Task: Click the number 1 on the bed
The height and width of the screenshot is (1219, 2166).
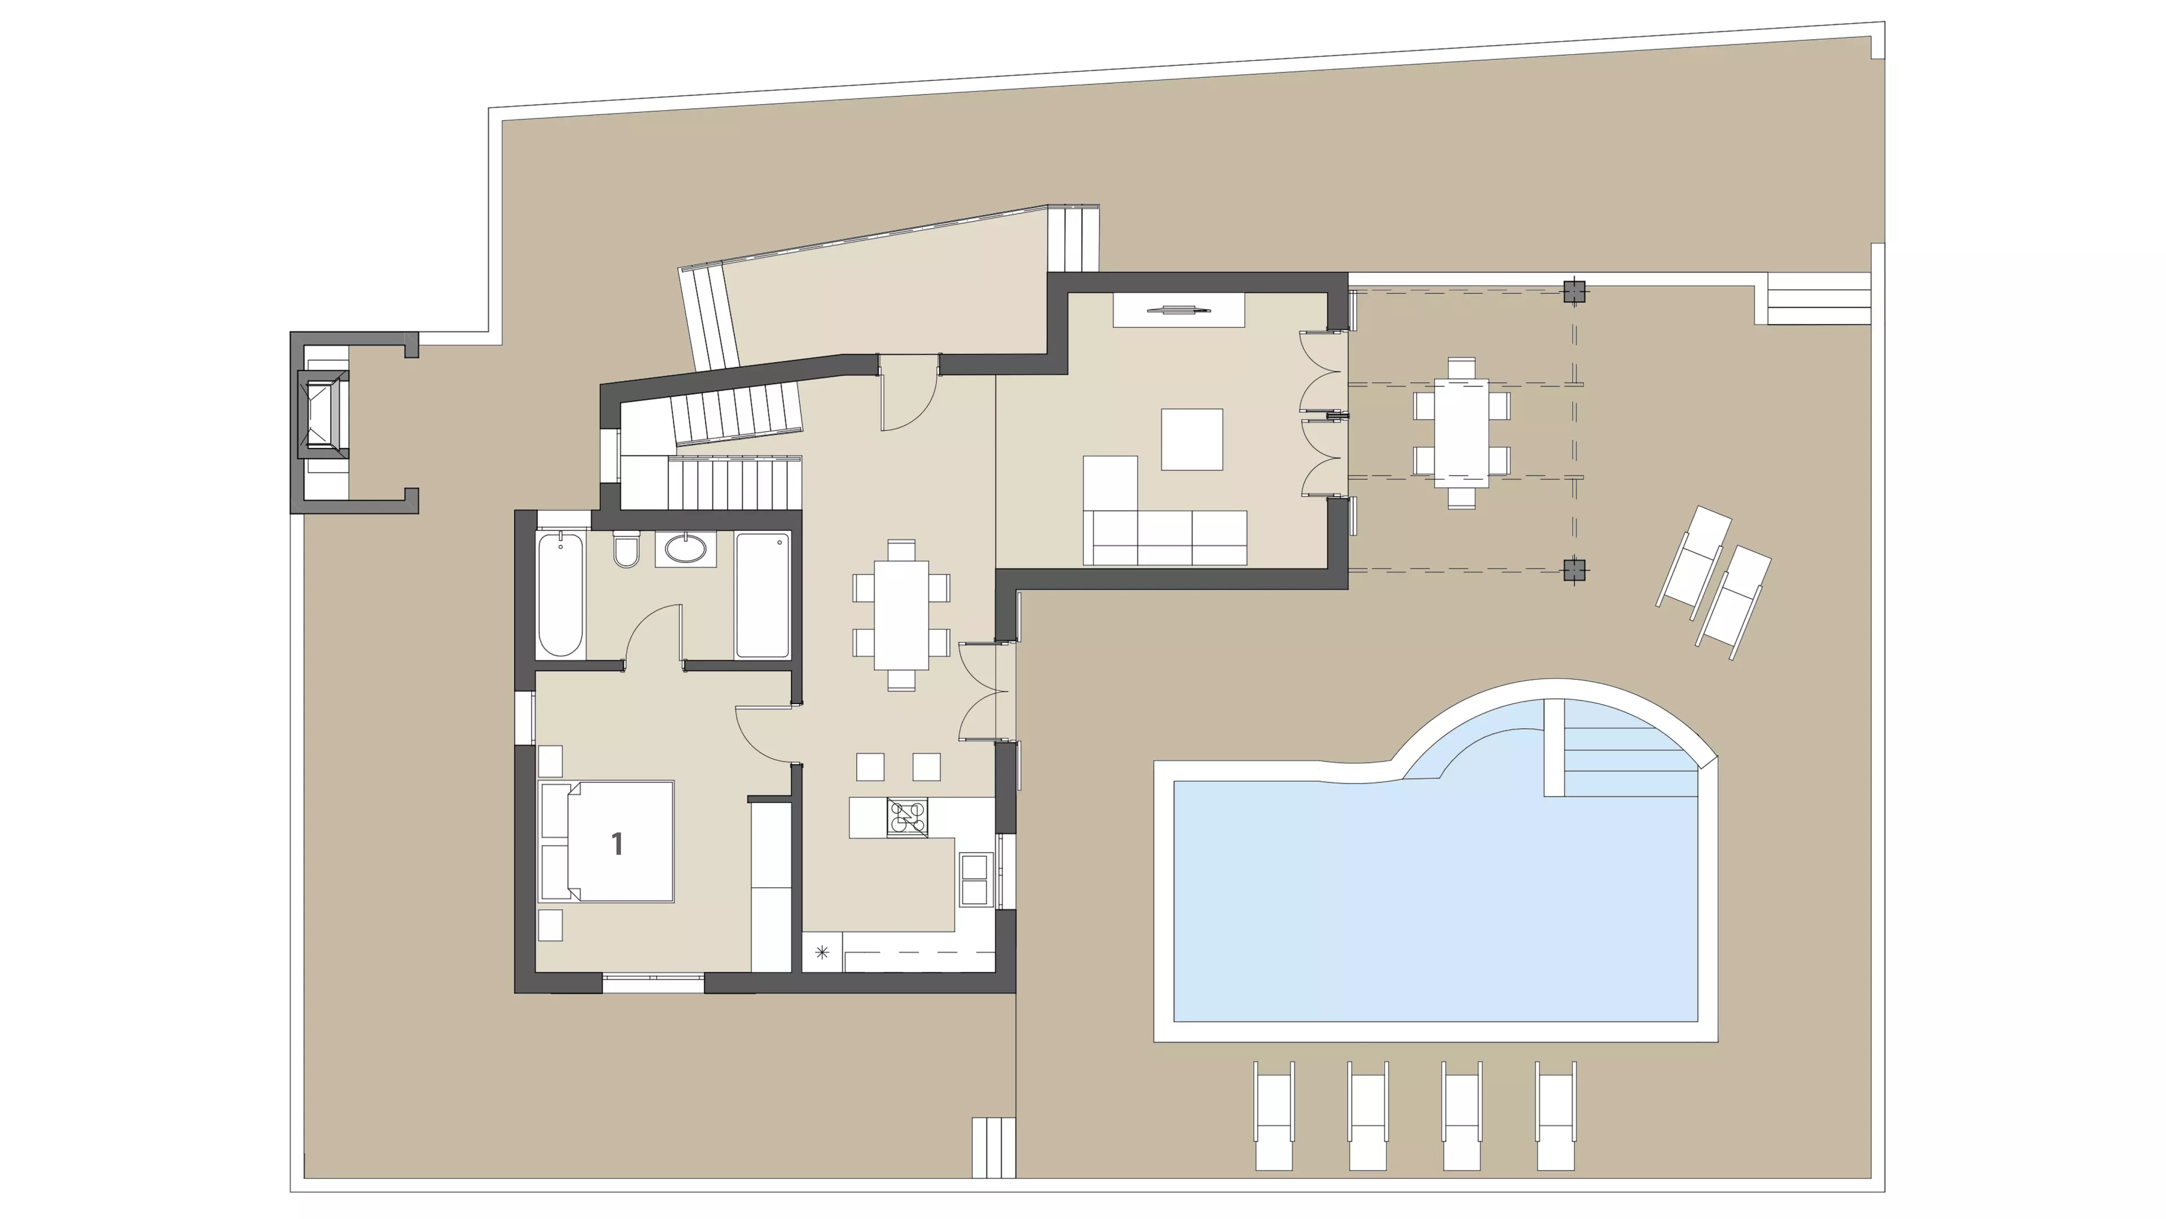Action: (617, 843)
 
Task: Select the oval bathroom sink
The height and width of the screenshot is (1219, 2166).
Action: (686, 548)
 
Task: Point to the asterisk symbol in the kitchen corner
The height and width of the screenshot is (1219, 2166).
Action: (821, 953)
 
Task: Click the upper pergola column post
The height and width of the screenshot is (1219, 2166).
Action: (1575, 292)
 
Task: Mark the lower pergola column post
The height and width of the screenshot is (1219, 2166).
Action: (1575, 570)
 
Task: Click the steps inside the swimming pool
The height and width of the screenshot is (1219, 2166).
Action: (1619, 748)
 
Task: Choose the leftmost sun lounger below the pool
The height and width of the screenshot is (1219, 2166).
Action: (1274, 1116)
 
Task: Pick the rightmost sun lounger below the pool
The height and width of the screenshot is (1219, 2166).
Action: (1556, 1116)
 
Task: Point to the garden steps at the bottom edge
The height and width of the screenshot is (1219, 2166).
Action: (994, 1147)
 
